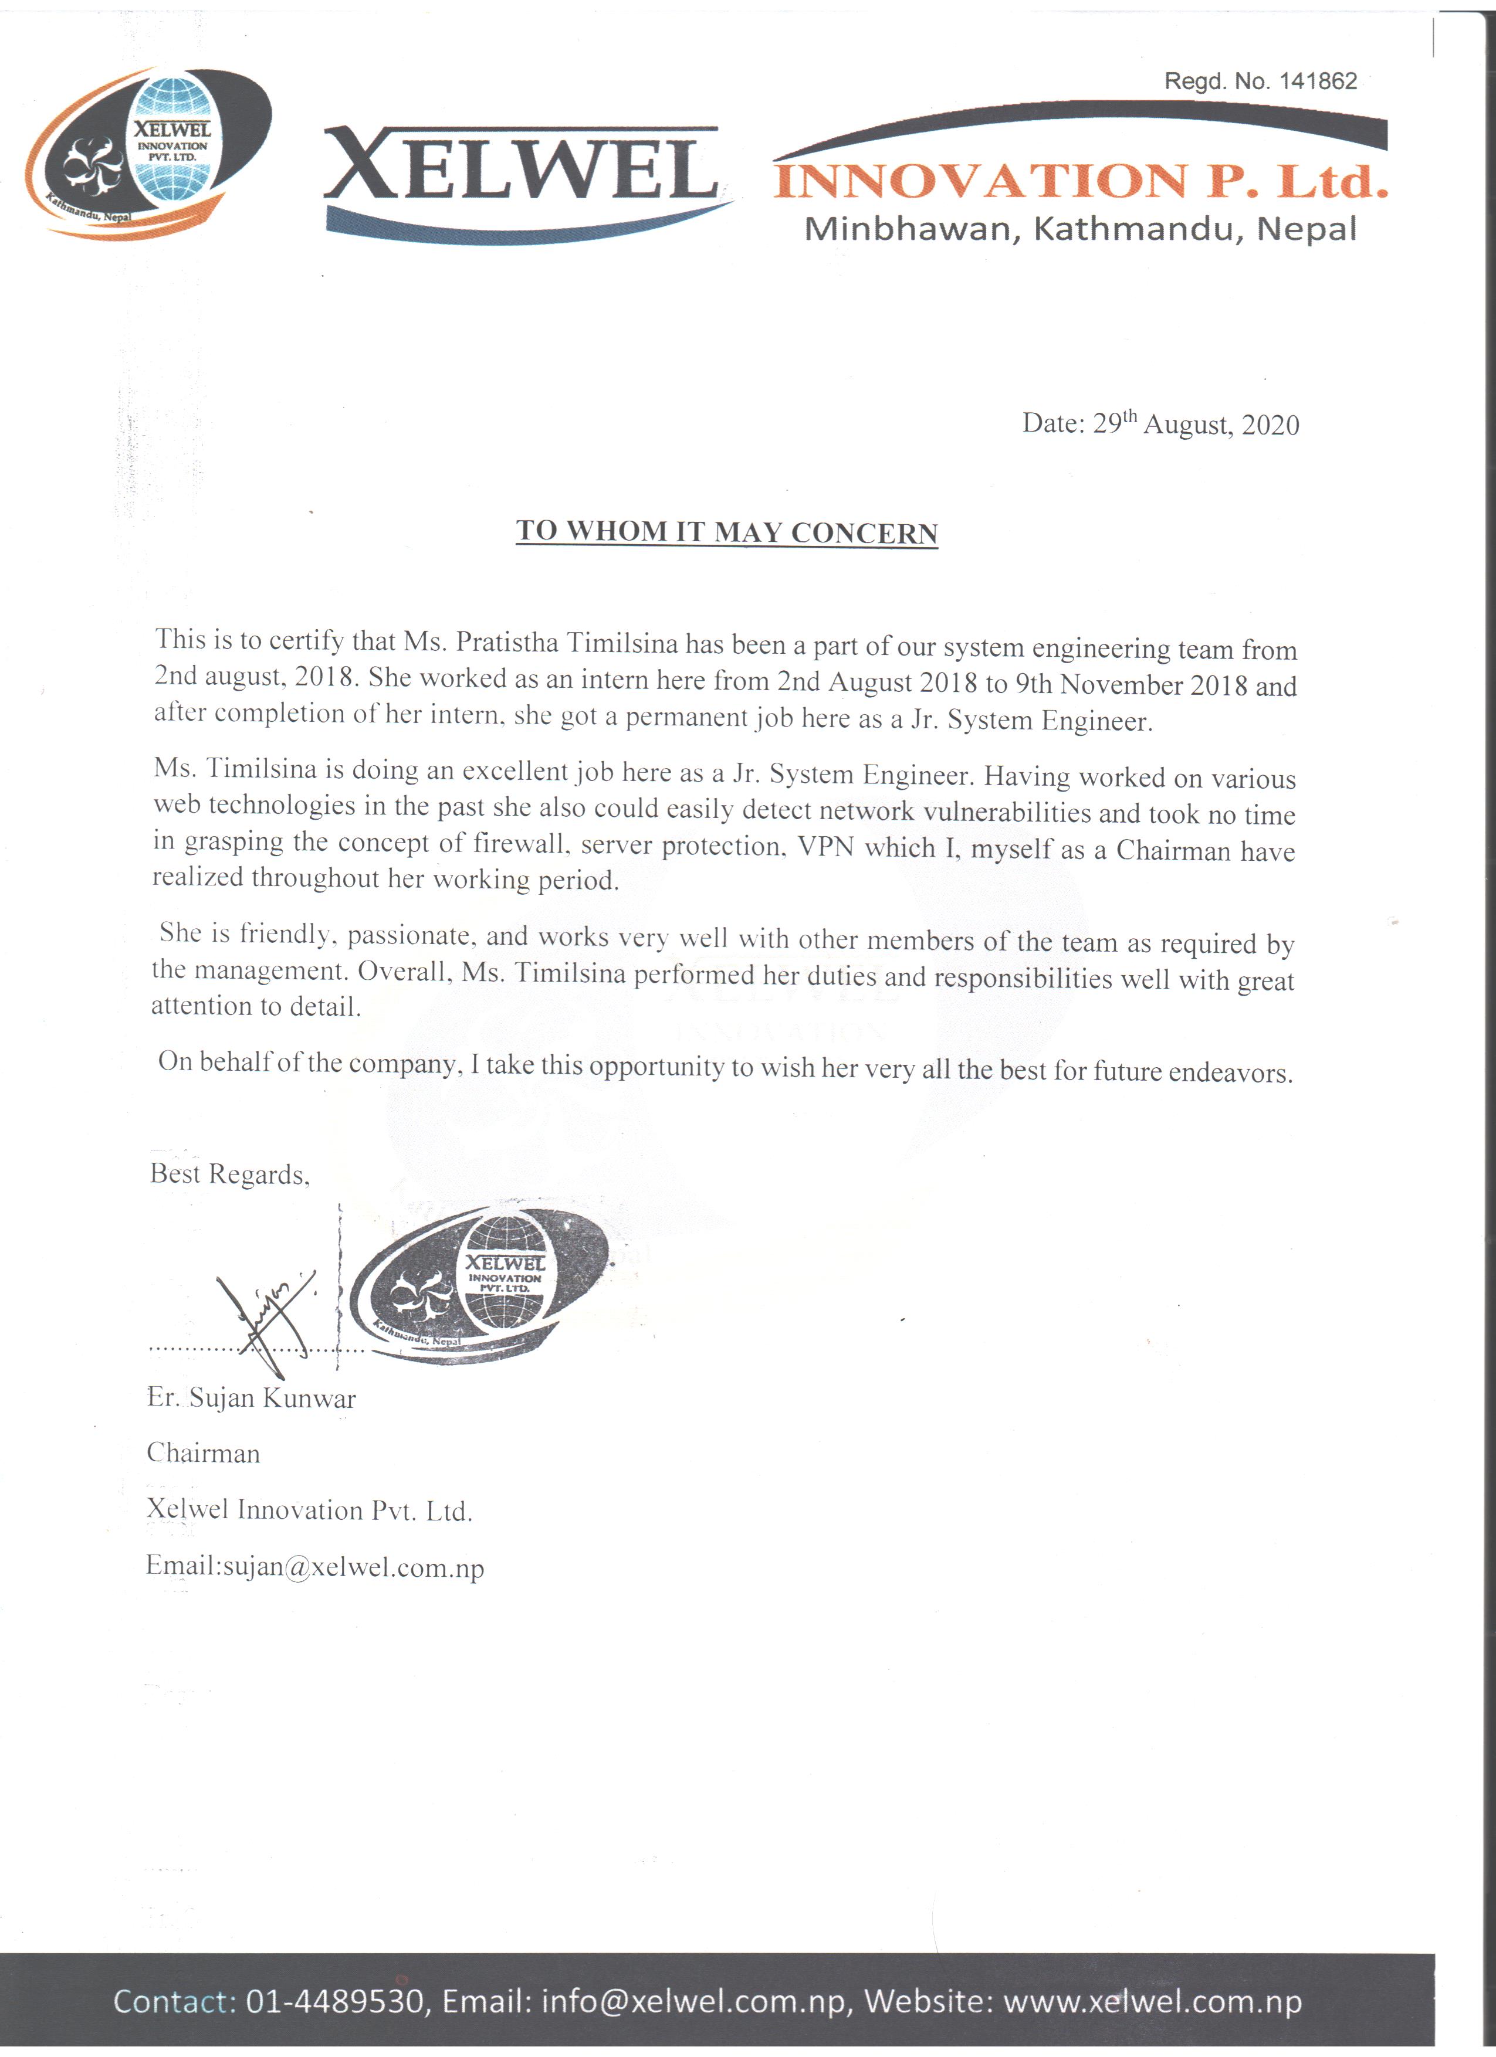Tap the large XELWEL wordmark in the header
(522, 169)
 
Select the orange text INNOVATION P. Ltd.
(1079, 181)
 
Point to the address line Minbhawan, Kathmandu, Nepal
(1079, 229)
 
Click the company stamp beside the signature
(479, 1286)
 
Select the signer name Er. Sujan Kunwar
(251, 1398)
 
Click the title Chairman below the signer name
(203, 1453)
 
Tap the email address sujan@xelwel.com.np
(354, 1567)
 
